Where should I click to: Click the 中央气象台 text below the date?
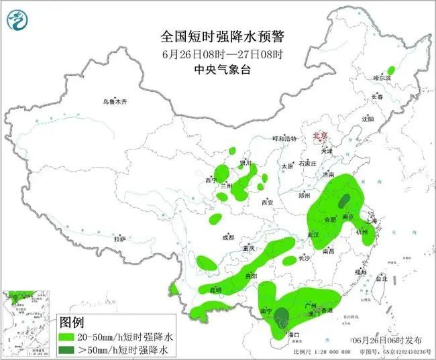(x=218, y=68)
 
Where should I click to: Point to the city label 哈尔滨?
(x=382, y=78)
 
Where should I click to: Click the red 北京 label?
(x=321, y=135)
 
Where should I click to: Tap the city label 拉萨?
(x=119, y=239)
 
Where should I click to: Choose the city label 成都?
(x=229, y=237)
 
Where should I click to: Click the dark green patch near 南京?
(x=345, y=201)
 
